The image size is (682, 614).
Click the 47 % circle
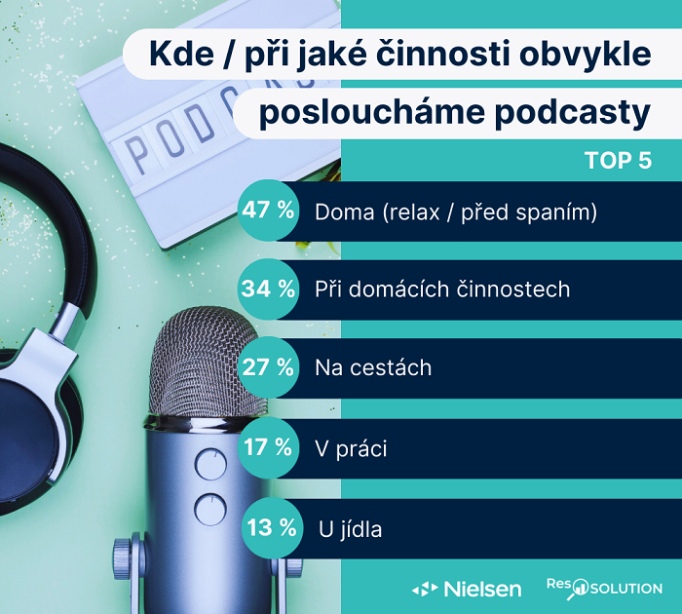pyautogui.click(x=268, y=211)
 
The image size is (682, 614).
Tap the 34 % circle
pyautogui.click(x=268, y=289)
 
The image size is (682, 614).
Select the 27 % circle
pyautogui.click(x=268, y=368)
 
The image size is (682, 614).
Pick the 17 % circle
pyautogui.click(x=268, y=448)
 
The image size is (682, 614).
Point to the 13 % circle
pyautogui.click(x=268, y=528)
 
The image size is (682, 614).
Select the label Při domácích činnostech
pyautogui.click(x=442, y=290)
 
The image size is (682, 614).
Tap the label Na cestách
pyautogui.click(x=373, y=369)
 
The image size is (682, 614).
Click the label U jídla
pyautogui.click(x=350, y=530)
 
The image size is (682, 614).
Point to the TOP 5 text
pyautogui.click(x=617, y=161)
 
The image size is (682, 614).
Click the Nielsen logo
pyautogui.click(x=467, y=589)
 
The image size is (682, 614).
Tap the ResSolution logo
pyautogui.click(x=603, y=588)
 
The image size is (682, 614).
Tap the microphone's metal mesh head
pyautogui.click(x=208, y=361)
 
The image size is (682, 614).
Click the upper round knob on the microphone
pyautogui.click(x=208, y=461)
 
